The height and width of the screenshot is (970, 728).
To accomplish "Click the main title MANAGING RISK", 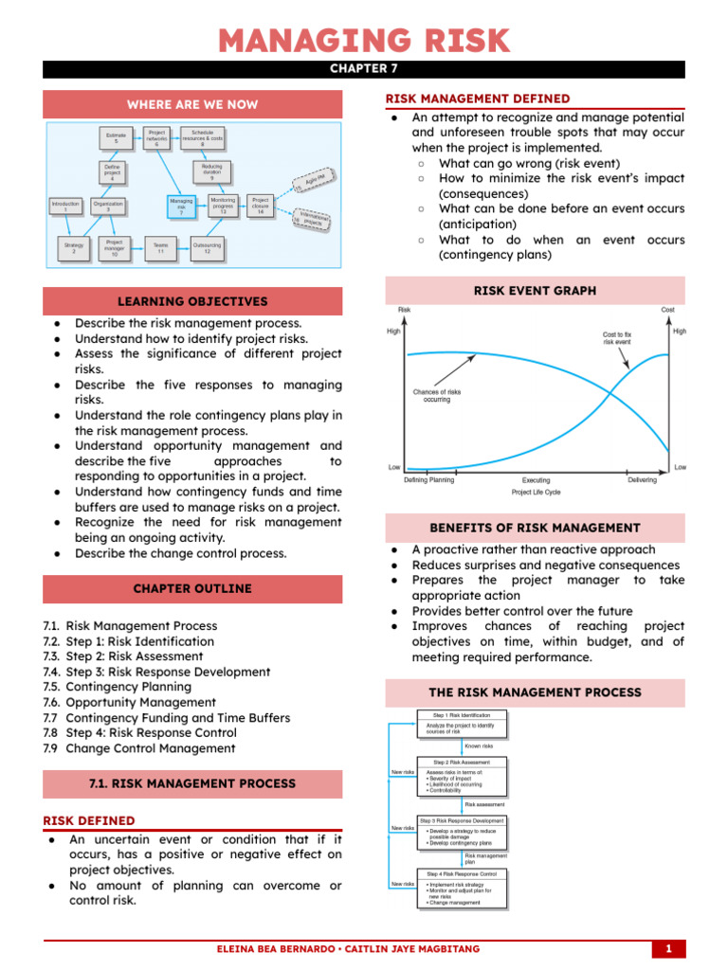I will pos(364,41).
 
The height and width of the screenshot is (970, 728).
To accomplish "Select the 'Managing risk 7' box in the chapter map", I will pos(181,207).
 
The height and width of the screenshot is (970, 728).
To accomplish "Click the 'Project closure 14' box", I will pos(260,206).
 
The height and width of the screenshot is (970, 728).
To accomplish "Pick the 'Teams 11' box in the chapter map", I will pos(161,249).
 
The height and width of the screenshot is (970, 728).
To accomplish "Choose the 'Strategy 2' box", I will pos(73,248).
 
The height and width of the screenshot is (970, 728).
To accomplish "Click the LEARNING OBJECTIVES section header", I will pos(192,301).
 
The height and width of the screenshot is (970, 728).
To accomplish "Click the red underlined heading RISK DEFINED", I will pos(89,820).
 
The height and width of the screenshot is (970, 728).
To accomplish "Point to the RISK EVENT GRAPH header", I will pos(535,291).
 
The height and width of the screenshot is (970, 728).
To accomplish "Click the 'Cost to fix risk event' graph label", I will pos(623,338).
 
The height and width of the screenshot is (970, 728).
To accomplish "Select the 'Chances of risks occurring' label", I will pos(437,395).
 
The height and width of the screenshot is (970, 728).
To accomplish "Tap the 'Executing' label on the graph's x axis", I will pos(536,480).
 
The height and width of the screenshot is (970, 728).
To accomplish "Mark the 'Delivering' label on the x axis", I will pos(642,480).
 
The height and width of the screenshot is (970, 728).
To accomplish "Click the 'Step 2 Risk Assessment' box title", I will pos(462,762).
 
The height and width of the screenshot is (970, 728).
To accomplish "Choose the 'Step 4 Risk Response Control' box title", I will pos(462,873).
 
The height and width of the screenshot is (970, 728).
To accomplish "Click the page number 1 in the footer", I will pos(668,948).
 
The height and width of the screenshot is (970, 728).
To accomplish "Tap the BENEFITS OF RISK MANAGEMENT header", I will pos(535,528).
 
